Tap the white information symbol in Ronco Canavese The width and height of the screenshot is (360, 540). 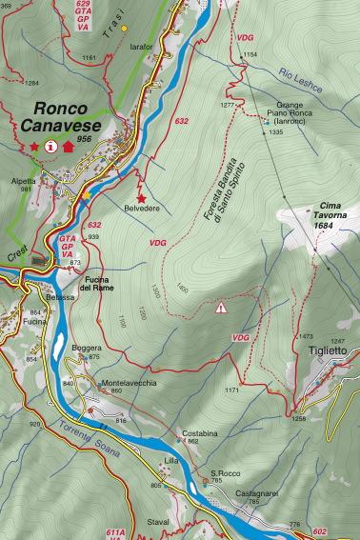[x=50, y=147]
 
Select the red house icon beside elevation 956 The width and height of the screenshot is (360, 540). [x=68, y=147]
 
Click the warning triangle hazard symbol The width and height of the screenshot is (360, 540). [x=221, y=307]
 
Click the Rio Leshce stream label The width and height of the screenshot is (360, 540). [x=302, y=83]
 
